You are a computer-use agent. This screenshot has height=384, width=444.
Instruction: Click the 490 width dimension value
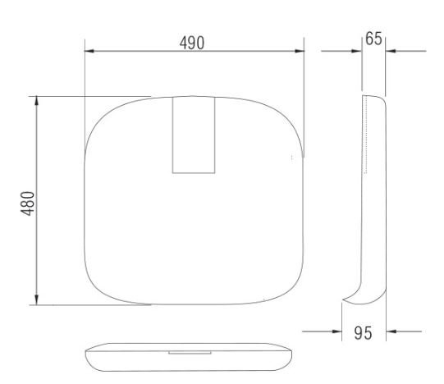point(192,43)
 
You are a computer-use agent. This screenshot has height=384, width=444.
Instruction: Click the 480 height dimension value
point(28,203)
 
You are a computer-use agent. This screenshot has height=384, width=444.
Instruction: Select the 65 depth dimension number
point(373,39)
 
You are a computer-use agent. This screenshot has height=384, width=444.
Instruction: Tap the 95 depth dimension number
point(363,333)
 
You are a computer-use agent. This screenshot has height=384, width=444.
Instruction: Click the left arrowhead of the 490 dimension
point(89,51)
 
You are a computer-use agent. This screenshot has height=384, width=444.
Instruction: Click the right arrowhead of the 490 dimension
point(300,51)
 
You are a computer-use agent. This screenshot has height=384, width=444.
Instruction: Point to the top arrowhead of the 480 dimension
point(37,101)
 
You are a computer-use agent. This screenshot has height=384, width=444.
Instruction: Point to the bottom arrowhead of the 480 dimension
point(37,299)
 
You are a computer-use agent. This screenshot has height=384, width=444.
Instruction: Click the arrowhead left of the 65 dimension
point(357,51)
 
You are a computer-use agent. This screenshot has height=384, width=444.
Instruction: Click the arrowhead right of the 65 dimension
point(391,51)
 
